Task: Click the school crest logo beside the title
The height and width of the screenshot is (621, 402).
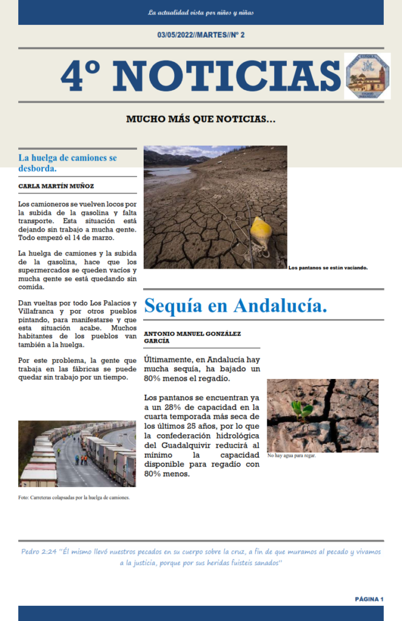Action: click(367, 76)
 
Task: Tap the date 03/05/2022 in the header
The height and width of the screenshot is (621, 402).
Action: click(174, 35)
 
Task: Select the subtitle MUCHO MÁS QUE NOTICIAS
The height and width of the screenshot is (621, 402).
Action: click(201, 119)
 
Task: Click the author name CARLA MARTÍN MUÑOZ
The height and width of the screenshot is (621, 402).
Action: click(56, 186)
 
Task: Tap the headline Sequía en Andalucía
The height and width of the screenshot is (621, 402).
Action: click(235, 305)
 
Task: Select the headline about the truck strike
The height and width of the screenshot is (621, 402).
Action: click(67, 163)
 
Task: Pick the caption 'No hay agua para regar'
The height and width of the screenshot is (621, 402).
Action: click(291, 455)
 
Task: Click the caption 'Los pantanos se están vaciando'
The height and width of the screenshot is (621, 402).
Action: click(329, 267)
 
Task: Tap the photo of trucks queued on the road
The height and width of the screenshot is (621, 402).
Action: click(77, 454)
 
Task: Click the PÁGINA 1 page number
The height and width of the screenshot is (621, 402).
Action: click(369, 599)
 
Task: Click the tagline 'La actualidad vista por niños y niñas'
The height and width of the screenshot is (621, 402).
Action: click(201, 12)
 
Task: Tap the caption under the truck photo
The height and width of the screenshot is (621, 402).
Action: click(74, 498)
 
